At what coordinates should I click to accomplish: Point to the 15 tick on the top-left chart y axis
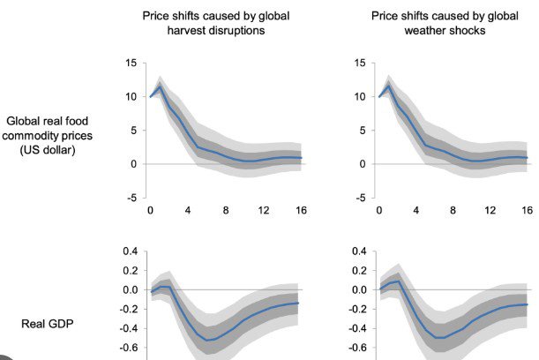(x=131, y=64)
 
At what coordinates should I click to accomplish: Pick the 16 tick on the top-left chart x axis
(x=302, y=210)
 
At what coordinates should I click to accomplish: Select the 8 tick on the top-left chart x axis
(x=226, y=210)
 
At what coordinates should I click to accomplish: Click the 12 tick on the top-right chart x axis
(x=490, y=210)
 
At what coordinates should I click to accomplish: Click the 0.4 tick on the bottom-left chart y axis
(x=130, y=251)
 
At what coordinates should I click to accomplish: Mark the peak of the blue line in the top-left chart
(x=160, y=86)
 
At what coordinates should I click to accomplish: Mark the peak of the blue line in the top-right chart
(x=388, y=86)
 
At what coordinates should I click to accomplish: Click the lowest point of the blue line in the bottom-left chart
(x=208, y=340)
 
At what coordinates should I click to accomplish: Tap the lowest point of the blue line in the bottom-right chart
(x=437, y=338)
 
